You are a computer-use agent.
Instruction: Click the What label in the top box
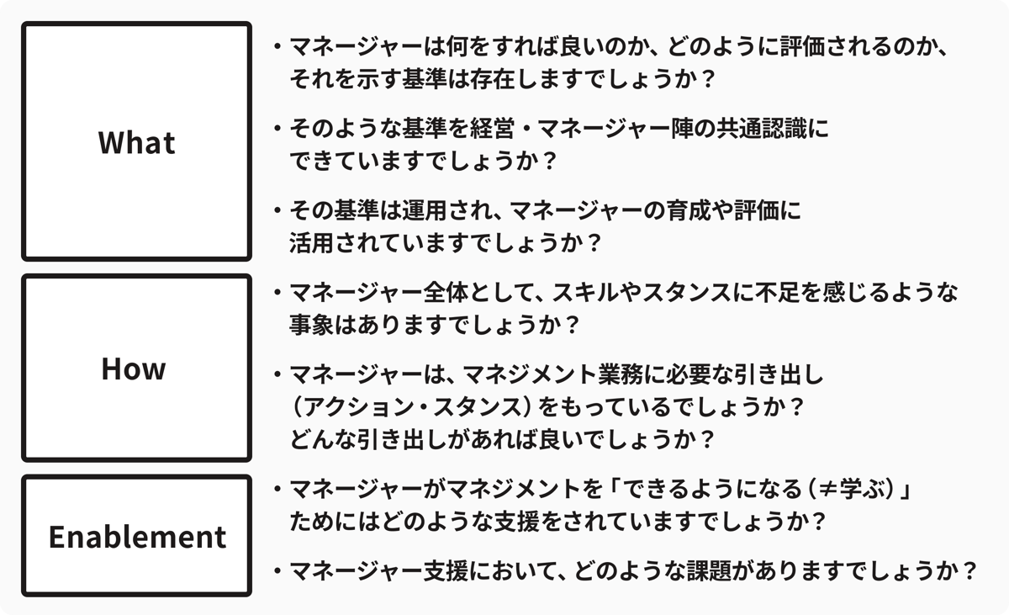[x=136, y=142]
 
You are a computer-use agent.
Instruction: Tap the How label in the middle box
[x=134, y=368]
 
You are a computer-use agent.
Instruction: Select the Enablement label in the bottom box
[x=137, y=537]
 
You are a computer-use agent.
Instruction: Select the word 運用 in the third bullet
[x=424, y=210]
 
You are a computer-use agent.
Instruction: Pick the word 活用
[x=312, y=243]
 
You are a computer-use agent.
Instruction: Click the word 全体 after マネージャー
[x=446, y=293]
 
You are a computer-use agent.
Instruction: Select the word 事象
[x=312, y=325]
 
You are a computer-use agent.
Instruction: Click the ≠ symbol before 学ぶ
[x=828, y=490]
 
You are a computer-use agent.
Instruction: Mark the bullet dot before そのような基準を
[x=277, y=129]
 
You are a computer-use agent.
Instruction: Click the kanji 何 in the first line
[x=457, y=46]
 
